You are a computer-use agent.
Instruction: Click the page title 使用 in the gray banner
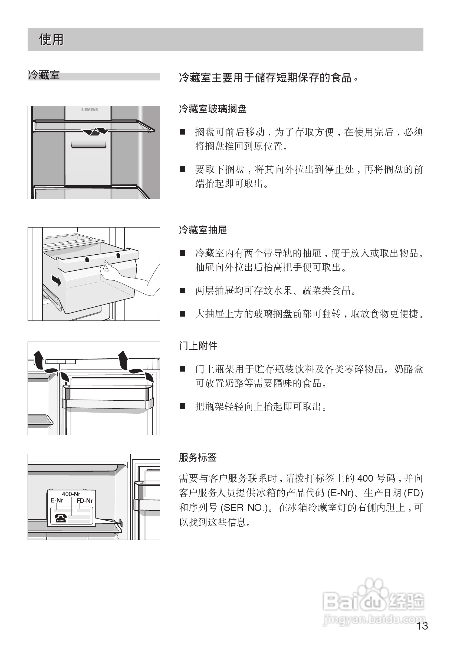click(51, 39)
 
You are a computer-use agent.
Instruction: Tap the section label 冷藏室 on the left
click(44, 75)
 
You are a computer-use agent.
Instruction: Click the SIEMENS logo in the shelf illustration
click(90, 109)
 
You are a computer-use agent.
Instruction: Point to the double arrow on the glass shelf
click(94, 131)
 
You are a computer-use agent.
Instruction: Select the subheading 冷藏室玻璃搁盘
click(213, 109)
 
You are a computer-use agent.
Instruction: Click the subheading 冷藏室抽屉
click(203, 230)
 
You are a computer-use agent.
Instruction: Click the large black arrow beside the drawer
click(57, 281)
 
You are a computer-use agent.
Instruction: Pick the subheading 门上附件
click(198, 346)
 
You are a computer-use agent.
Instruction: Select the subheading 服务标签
click(198, 457)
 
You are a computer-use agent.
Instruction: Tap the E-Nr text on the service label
click(57, 501)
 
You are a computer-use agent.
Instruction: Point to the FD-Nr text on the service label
click(85, 501)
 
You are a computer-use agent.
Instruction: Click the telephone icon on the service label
click(61, 517)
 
